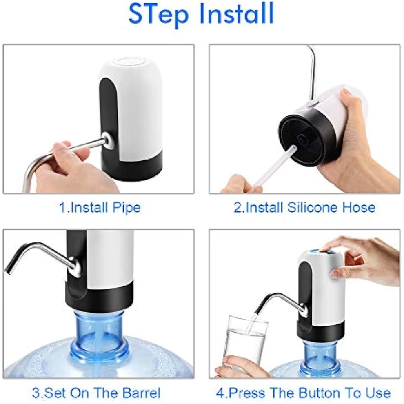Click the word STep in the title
(158, 14)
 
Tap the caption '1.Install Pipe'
(100, 208)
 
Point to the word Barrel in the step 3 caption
(141, 393)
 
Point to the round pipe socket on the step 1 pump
(107, 139)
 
